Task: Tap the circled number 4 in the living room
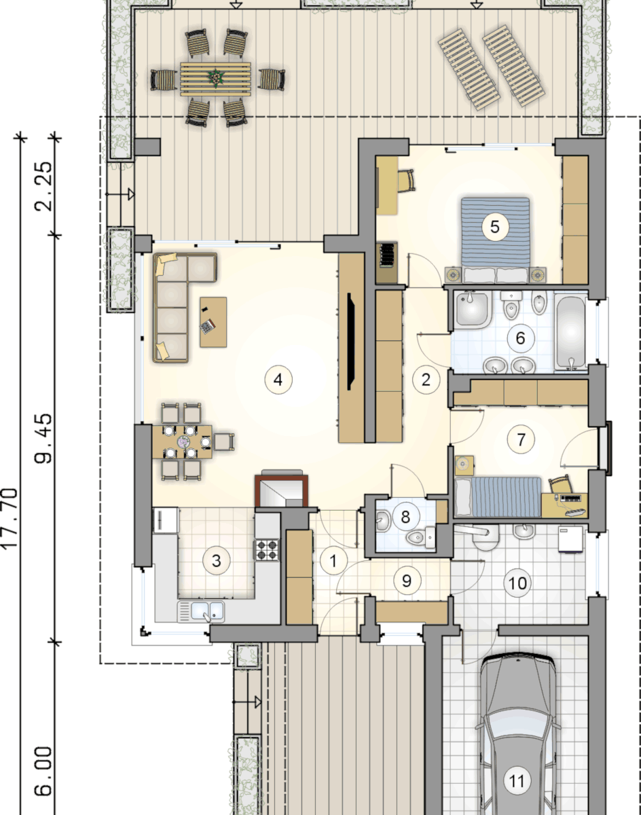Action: coord(278,379)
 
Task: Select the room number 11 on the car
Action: coord(517,781)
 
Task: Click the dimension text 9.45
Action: coord(43,438)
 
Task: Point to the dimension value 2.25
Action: coord(43,186)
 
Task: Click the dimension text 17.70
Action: coord(10,518)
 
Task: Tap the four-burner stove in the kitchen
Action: coord(267,549)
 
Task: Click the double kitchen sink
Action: coord(201,611)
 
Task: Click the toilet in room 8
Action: coord(421,537)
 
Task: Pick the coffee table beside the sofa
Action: coord(213,322)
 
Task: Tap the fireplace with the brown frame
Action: coord(281,490)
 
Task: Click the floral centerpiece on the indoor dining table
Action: coord(185,441)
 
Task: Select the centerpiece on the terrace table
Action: coord(215,76)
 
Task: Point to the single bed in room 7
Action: coord(498,497)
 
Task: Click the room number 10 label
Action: coord(517,583)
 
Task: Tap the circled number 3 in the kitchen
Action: coord(216,560)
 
